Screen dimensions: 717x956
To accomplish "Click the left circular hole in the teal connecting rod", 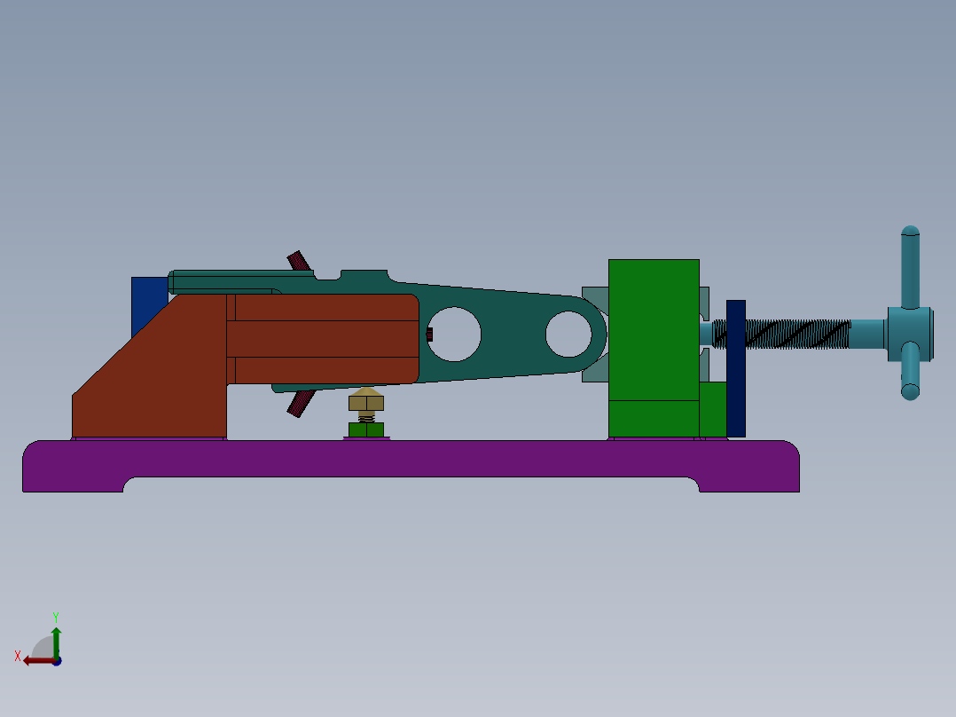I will click(454, 334).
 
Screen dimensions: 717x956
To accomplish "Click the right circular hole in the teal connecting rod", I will click(568, 334).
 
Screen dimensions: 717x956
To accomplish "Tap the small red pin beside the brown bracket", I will click(429, 335).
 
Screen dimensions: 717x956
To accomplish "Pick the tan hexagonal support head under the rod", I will click(365, 399).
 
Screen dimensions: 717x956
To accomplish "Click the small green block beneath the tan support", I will click(366, 430).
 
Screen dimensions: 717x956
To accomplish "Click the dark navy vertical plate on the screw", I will click(735, 368).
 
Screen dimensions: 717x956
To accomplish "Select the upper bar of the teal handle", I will click(911, 266).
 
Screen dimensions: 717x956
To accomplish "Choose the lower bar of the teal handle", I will click(911, 373).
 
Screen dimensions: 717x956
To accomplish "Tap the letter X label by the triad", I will click(18, 656).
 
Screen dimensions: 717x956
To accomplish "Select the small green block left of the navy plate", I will click(712, 409).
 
